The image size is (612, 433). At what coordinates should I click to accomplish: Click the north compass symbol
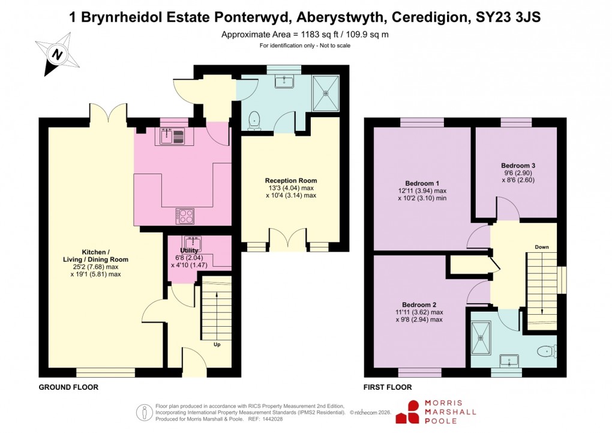click(x=58, y=54)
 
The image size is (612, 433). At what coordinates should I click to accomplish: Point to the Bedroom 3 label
click(x=518, y=165)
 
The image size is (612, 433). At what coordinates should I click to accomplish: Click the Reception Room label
click(x=291, y=180)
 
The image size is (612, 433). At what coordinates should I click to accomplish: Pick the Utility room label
click(x=189, y=250)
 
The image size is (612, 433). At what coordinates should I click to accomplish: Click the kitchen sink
click(x=173, y=137)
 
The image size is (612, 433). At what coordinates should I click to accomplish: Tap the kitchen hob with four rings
click(x=184, y=215)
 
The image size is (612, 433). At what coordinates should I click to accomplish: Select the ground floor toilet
click(x=254, y=121)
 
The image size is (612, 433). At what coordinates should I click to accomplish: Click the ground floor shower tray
click(x=326, y=93)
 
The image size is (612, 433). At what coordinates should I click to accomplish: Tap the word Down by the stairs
click(x=541, y=247)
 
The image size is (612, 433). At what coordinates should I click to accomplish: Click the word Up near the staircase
click(x=217, y=345)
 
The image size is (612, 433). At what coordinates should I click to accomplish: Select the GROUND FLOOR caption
click(x=68, y=387)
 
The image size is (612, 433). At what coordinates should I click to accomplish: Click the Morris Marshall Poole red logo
click(x=413, y=411)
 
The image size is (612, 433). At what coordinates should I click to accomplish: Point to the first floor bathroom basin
click(x=512, y=360)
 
